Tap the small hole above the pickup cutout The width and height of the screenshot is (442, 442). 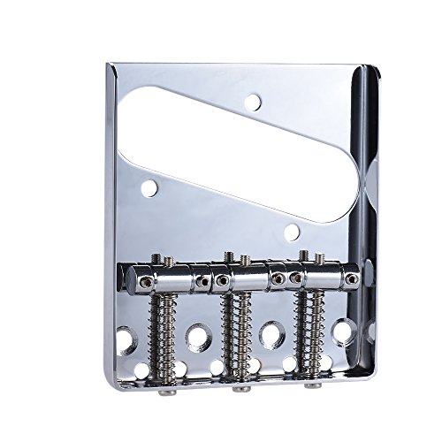[x=253, y=102]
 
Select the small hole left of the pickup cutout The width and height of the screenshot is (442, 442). [x=149, y=187]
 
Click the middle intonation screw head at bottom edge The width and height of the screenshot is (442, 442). [x=240, y=387]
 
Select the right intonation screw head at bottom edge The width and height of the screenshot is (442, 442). [x=311, y=385]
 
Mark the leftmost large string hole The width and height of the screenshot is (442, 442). [x=126, y=339]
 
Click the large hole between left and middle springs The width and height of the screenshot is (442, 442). [x=197, y=336]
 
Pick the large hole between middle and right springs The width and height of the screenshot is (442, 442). [x=271, y=334]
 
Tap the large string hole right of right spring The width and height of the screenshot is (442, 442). [x=343, y=331]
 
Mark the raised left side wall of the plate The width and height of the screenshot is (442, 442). [x=111, y=221]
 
